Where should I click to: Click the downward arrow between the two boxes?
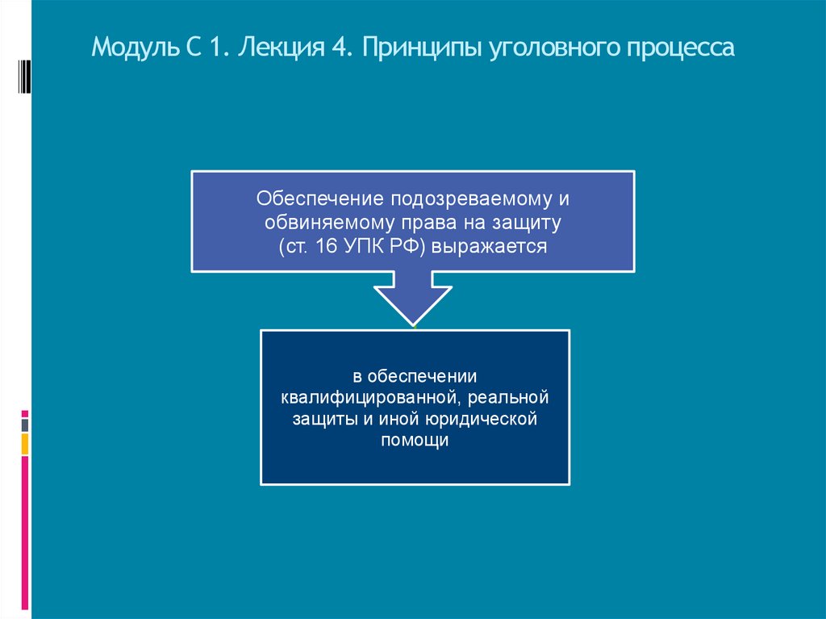pyautogui.click(x=413, y=299)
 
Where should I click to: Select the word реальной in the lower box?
pyautogui.click(x=509, y=399)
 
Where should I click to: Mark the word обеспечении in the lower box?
pyautogui.click(x=423, y=377)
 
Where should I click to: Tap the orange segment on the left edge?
pyautogui.click(x=25, y=443)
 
